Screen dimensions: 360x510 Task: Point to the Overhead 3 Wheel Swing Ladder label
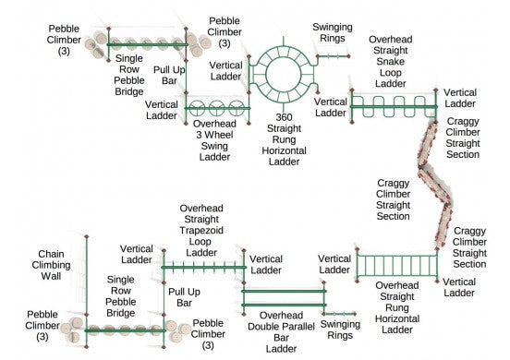coord(215,138)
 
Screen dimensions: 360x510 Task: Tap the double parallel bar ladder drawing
coord(285,297)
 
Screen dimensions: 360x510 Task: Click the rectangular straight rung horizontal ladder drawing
coord(395,265)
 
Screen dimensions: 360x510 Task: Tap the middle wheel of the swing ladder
coord(218,106)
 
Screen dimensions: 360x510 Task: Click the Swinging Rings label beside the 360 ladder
coord(331,33)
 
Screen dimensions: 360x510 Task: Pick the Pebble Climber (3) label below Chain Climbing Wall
coord(42,319)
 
